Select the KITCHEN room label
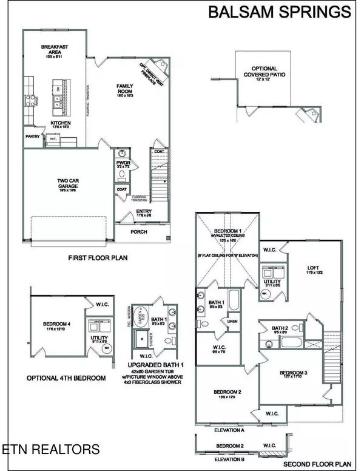(60, 123)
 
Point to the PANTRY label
(33, 137)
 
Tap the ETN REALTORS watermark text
(50, 450)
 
